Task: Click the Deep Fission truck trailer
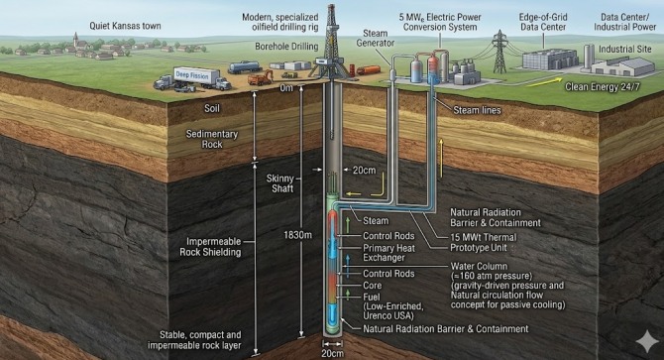pyautogui.click(x=196, y=76)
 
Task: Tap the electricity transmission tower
pyautogui.click(x=499, y=52)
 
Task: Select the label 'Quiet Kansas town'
pyautogui.click(x=125, y=26)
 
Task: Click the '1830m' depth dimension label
pyautogui.click(x=297, y=235)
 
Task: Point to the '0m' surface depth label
pyautogui.click(x=286, y=88)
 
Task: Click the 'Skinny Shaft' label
pyautogui.click(x=279, y=183)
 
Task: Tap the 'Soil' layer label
pyautogui.click(x=212, y=108)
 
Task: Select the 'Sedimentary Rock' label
pyautogui.click(x=212, y=140)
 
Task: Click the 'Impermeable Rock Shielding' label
pyautogui.click(x=210, y=247)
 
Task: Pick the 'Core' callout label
pyautogui.click(x=373, y=286)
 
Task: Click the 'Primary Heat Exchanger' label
pyautogui.click(x=388, y=253)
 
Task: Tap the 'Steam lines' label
pyautogui.click(x=477, y=110)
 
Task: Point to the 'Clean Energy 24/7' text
pyautogui.click(x=603, y=87)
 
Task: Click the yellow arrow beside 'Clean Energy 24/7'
pyautogui.click(x=545, y=81)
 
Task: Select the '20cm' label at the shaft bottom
pyautogui.click(x=332, y=354)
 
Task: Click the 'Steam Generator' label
pyautogui.click(x=376, y=38)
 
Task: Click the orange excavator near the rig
pyautogui.click(x=260, y=77)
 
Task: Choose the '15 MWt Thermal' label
pyautogui.click(x=484, y=237)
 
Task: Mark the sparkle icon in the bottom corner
pyautogui.click(x=646, y=342)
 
